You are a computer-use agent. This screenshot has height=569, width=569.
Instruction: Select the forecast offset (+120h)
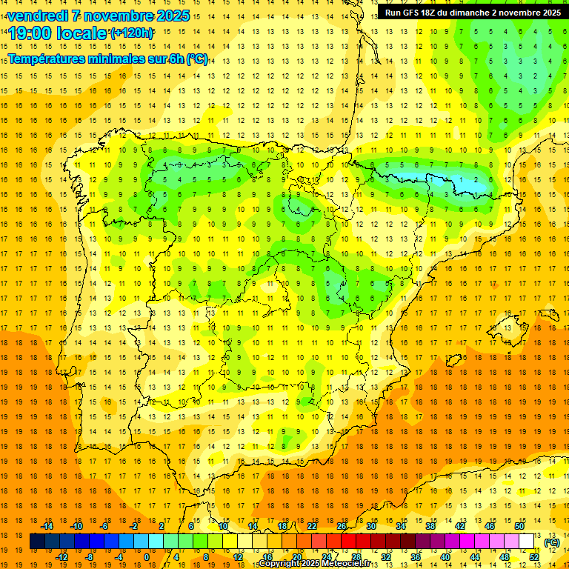(132, 33)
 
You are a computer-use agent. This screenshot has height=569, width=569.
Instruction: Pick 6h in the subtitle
(176, 59)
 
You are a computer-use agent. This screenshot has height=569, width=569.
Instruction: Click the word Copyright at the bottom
(279, 564)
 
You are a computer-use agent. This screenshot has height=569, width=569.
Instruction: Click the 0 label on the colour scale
(147, 557)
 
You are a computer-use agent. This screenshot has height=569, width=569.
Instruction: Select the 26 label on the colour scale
(342, 526)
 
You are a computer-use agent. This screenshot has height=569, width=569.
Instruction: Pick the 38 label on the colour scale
(430, 526)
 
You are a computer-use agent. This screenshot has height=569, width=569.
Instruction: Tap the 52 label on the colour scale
(534, 557)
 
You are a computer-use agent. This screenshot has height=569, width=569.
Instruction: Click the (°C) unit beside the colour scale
(552, 542)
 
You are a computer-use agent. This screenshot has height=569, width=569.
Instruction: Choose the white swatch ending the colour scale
(527, 542)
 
